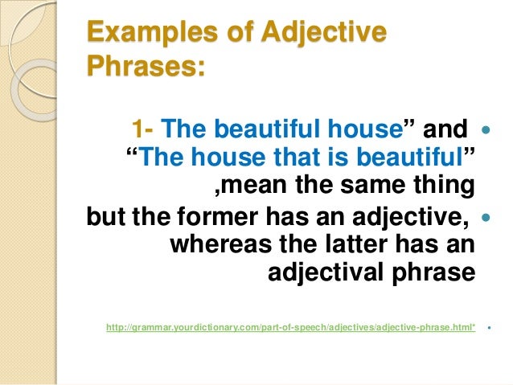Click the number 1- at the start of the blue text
(143, 129)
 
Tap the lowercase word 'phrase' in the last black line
(435, 273)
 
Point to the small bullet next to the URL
(489, 328)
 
